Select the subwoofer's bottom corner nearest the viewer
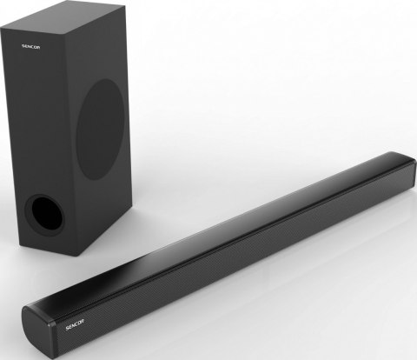85,254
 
